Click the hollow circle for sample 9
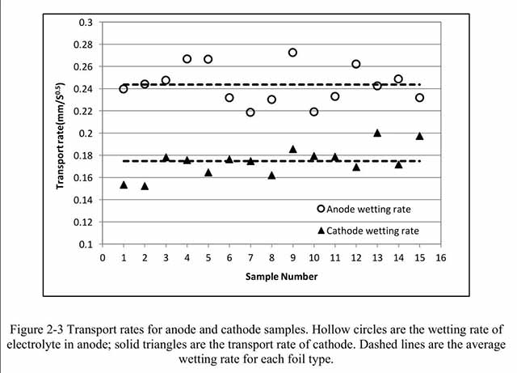[x=292, y=53]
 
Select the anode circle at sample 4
[x=187, y=59]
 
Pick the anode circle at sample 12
[x=356, y=64]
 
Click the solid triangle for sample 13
[x=377, y=133]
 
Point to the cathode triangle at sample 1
[x=124, y=184]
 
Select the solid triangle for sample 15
[x=419, y=136]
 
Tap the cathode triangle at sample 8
[x=271, y=175]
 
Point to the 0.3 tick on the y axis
[x=85, y=22]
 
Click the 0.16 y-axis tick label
[x=82, y=177]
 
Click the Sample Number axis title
[x=271, y=277]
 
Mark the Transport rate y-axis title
[x=61, y=134]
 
